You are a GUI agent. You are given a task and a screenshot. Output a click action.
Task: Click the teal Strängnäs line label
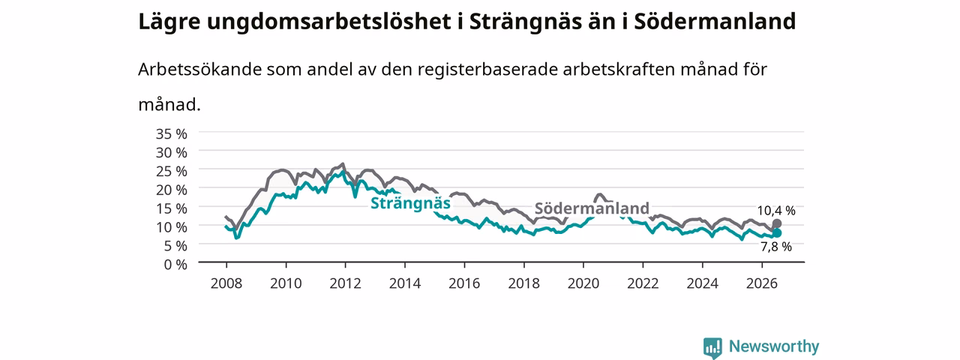410,203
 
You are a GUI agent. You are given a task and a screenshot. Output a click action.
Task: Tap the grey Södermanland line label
592,208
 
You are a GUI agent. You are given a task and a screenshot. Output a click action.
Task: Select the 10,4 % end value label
776,211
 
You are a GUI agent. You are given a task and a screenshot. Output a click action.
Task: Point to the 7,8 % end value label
776,247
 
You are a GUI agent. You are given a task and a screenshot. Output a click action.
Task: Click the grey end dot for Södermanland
776,223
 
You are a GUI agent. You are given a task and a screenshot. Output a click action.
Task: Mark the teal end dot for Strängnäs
776,233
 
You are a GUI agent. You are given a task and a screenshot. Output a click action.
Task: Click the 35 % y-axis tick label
172,134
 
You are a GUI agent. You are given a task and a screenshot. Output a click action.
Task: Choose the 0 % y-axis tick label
175,265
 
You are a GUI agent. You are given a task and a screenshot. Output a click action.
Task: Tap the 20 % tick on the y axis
172,190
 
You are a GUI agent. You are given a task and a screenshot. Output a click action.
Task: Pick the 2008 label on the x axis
226,283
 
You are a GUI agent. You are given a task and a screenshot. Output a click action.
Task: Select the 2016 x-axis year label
464,283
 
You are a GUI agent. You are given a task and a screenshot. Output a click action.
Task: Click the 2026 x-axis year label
762,283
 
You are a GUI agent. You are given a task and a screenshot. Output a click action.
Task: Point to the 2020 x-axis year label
583,283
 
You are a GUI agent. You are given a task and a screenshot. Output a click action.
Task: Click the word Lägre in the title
169,22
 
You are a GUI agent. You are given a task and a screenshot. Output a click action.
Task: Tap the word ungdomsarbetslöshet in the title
328,22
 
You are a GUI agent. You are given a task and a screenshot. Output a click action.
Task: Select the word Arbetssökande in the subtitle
199,69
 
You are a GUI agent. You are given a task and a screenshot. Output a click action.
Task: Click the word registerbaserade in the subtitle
487,70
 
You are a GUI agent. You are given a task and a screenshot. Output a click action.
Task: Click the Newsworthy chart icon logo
712,347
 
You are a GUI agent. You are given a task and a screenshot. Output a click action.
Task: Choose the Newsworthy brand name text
774,346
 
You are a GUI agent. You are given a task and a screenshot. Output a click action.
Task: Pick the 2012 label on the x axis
346,283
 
